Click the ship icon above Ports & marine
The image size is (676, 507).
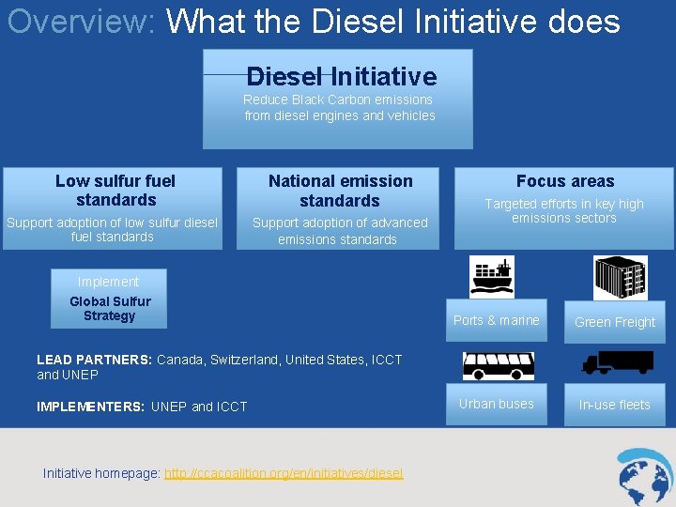coord(493,277)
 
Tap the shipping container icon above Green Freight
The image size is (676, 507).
coord(620,278)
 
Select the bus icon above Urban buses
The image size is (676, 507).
coord(498,365)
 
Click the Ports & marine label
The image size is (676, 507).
coord(497,320)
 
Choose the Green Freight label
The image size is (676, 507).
coord(615,322)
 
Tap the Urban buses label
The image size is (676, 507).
coord(496,404)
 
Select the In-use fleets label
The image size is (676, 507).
coord(614,405)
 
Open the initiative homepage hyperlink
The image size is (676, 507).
coord(284,473)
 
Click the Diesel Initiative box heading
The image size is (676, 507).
coord(341,76)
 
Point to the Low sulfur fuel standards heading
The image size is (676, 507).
coord(115,191)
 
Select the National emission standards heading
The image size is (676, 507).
coord(340,191)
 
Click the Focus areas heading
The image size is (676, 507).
coord(565,181)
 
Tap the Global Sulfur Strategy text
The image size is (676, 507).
coord(110,309)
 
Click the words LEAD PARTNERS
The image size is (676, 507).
coord(94,360)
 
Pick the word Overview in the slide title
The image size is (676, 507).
coord(81,21)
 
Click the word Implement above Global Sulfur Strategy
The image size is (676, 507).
coord(109,282)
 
